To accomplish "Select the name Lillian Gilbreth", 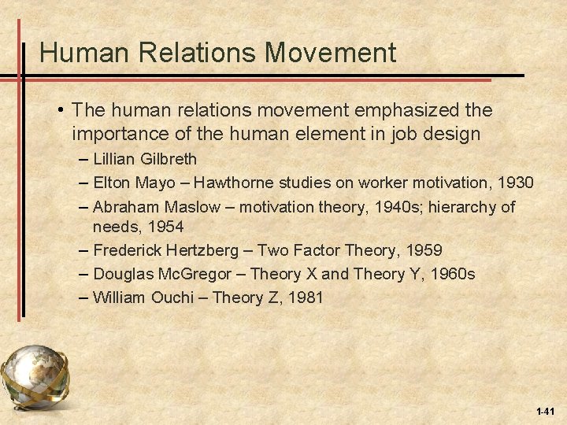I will click(145, 160).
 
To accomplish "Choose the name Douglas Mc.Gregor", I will click(162, 274).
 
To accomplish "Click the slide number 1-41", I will click(545, 412).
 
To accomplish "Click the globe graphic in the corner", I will click(35, 377).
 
